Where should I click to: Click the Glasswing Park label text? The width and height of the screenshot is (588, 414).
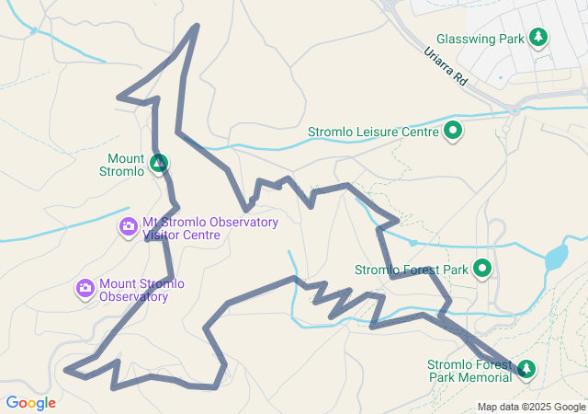pyautogui.click(x=480, y=40)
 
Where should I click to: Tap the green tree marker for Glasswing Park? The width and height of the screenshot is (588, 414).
pyautogui.click(x=538, y=38)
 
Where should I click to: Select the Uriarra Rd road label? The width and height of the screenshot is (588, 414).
pyautogui.click(x=447, y=68)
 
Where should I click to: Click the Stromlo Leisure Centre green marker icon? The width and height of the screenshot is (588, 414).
pyautogui.click(x=453, y=131)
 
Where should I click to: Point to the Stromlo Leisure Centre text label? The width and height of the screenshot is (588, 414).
pyautogui.click(x=372, y=132)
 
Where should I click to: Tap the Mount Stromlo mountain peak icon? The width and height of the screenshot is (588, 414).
pyautogui.click(x=159, y=164)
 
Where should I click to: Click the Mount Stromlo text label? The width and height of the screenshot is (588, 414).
pyautogui.click(x=126, y=165)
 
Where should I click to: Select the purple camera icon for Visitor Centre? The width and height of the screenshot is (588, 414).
pyautogui.click(x=129, y=225)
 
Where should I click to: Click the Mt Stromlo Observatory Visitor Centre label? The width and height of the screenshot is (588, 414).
pyautogui.click(x=209, y=228)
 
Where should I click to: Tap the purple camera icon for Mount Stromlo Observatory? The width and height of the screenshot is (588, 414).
pyautogui.click(x=85, y=289)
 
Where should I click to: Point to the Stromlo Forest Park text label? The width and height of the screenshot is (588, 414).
pyautogui.click(x=412, y=270)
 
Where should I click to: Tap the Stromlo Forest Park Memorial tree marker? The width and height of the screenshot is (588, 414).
pyautogui.click(x=526, y=369)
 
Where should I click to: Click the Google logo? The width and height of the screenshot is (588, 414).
pyautogui.click(x=30, y=402)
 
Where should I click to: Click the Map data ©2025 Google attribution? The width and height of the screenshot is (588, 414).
pyautogui.click(x=531, y=407)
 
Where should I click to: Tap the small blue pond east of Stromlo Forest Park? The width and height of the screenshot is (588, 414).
pyautogui.click(x=556, y=257)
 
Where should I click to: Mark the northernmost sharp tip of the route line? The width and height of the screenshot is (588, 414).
pyautogui.click(x=197, y=26)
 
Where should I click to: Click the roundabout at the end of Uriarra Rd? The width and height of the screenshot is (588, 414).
pyautogui.click(x=516, y=109)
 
